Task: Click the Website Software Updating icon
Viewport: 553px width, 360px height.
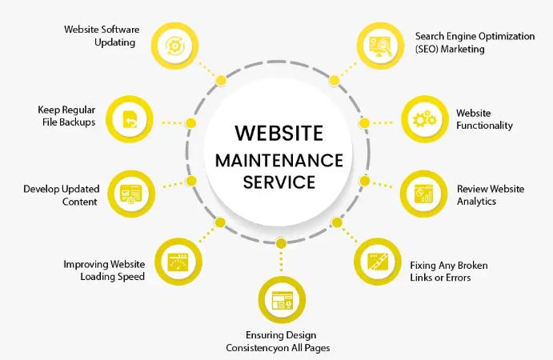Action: (x=174, y=45)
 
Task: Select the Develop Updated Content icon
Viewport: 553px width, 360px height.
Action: (x=129, y=193)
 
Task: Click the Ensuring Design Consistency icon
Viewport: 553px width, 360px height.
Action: (x=280, y=301)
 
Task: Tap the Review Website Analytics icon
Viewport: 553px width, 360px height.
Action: (x=423, y=193)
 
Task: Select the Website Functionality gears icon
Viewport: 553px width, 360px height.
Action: (x=423, y=120)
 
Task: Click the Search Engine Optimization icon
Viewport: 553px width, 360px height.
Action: (x=379, y=45)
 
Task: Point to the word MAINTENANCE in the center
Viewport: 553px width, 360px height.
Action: (x=279, y=158)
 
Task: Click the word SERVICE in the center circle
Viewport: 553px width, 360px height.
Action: (x=279, y=182)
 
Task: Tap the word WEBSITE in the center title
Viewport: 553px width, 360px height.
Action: (x=279, y=132)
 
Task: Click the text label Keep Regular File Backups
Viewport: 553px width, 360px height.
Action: (x=66, y=116)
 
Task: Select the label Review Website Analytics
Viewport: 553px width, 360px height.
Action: (x=490, y=194)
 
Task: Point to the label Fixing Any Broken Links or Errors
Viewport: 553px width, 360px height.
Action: (x=448, y=271)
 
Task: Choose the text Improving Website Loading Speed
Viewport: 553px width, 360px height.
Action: (x=104, y=270)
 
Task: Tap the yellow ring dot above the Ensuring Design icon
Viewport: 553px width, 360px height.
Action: (x=280, y=242)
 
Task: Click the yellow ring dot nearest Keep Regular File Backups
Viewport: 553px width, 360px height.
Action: (x=191, y=122)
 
